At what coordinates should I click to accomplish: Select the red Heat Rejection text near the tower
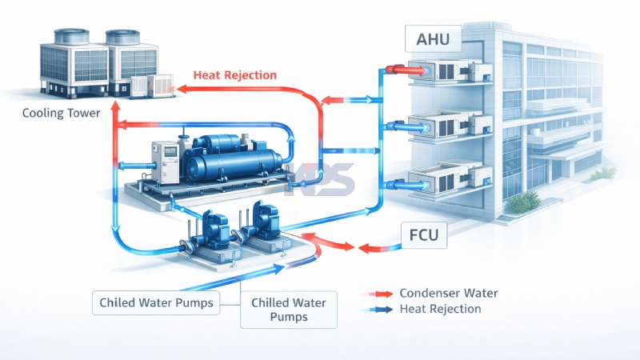tap(235, 75)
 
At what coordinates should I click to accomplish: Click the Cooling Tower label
tap(62, 113)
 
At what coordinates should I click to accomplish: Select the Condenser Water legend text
tap(448, 293)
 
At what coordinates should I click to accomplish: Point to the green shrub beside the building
tap(523, 202)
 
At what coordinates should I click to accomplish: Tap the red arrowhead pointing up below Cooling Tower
tap(114, 124)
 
